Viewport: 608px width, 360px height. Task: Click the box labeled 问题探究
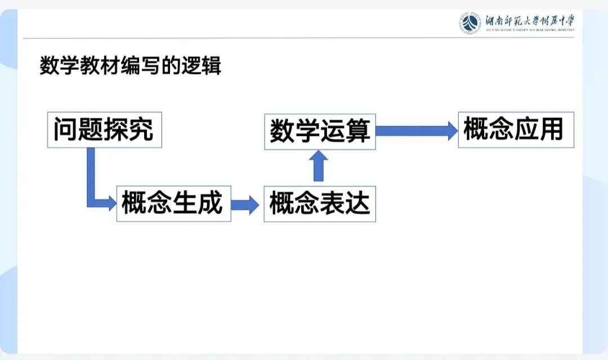(x=104, y=130)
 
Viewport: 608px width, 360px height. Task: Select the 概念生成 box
(x=173, y=203)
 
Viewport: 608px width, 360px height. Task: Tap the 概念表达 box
(x=319, y=203)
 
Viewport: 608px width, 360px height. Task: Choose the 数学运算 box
(x=320, y=131)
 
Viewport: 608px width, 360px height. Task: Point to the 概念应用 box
(x=516, y=130)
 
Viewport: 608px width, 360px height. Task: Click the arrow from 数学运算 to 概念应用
(x=417, y=131)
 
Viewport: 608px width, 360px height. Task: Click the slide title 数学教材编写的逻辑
(x=130, y=66)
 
